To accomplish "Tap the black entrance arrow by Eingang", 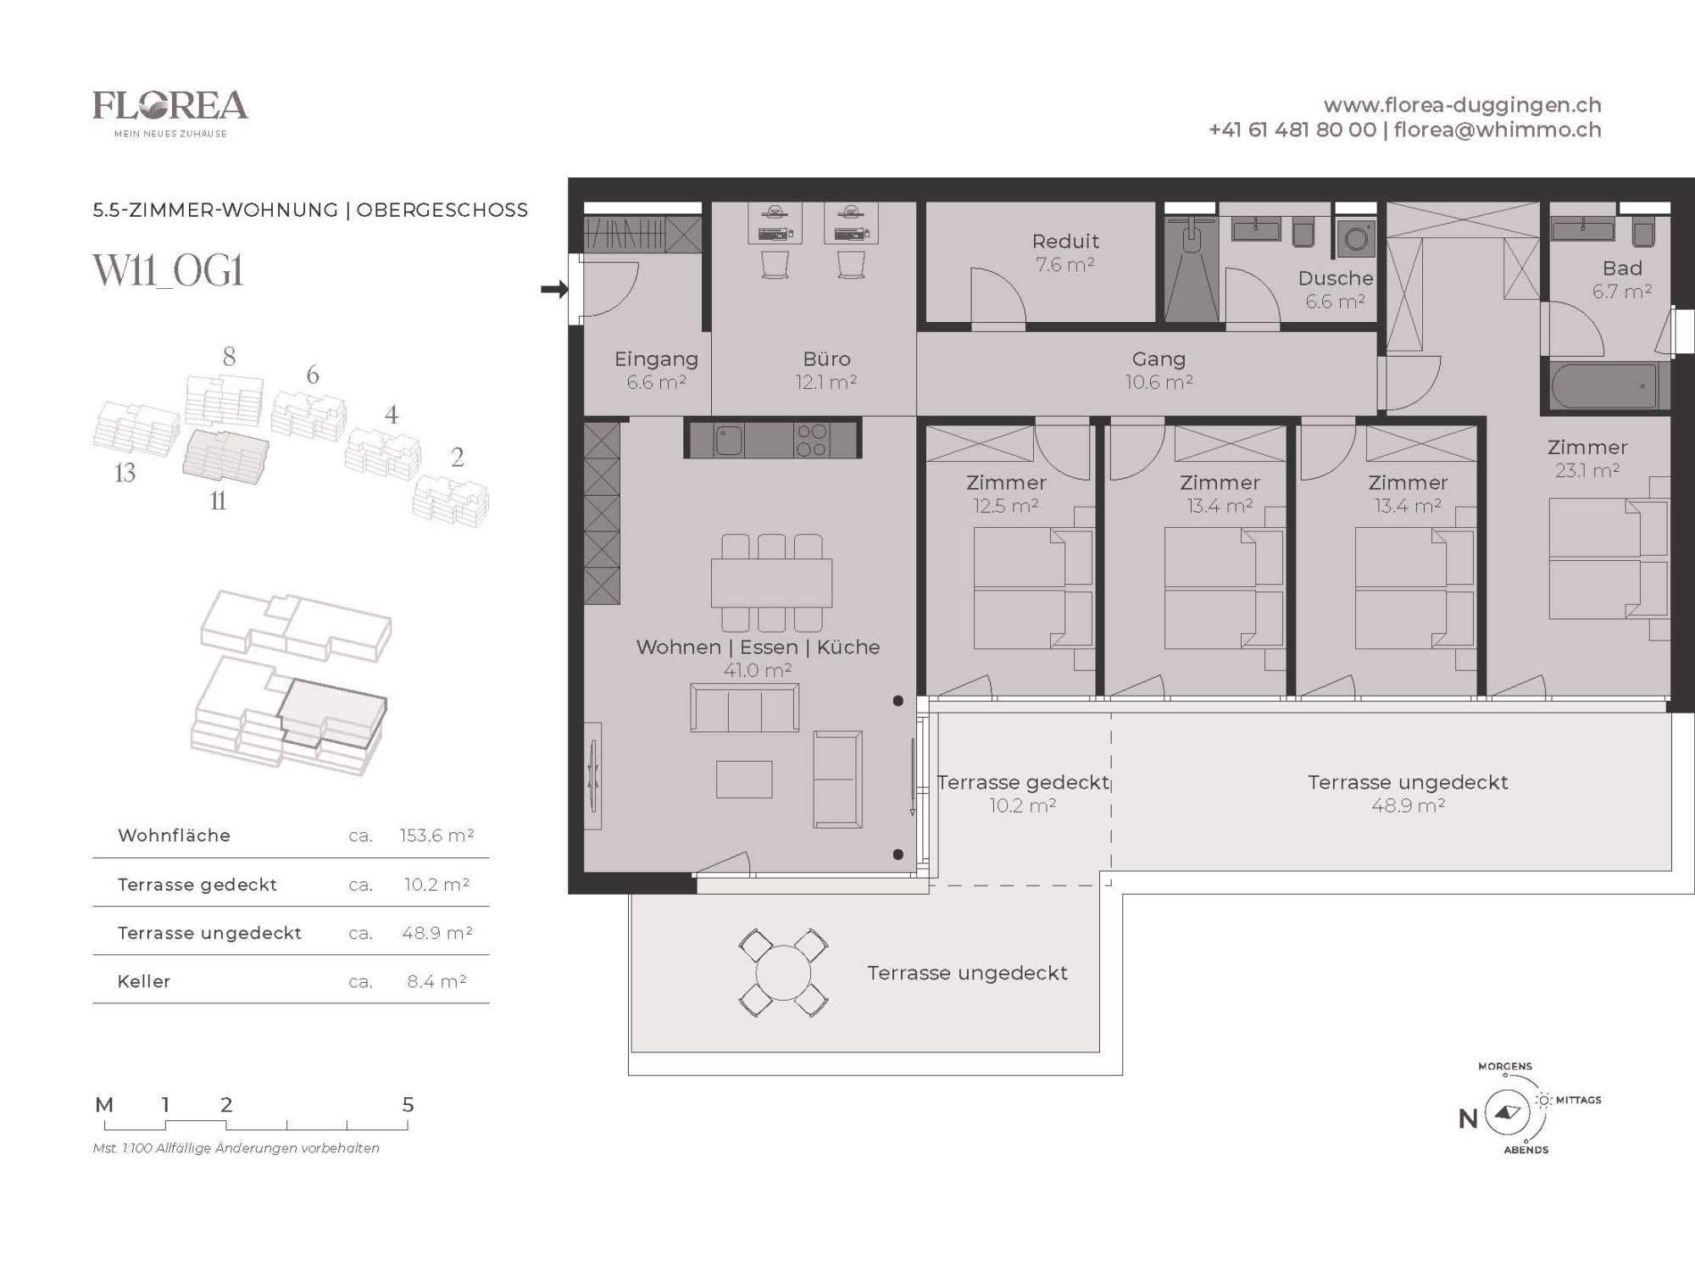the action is (x=554, y=290).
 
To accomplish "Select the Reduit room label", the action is (x=1065, y=241).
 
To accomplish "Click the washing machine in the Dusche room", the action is (x=1355, y=239).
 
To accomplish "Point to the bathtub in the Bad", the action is (x=1605, y=387).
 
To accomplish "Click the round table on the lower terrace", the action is (x=783, y=973).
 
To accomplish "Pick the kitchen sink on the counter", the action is (x=727, y=440).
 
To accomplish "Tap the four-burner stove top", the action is (x=811, y=440).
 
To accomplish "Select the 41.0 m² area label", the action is (x=757, y=670).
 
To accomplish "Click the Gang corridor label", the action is (x=1159, y=359).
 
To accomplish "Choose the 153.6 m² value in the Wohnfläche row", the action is (x=436, y=835).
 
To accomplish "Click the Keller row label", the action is (x=144, y=981).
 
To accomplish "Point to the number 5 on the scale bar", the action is (x=408, y=1105).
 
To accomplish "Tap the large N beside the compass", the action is (x=1468, y=1118).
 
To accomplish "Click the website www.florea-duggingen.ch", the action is (x=1462, y=105).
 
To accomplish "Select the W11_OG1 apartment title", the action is (x=168, y=271).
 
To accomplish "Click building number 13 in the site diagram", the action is (x=125, y=473).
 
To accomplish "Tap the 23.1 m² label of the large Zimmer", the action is (x=1587, y=470).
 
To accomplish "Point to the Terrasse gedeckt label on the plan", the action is (x=1023, y=782).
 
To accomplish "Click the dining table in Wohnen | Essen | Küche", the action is (x=771, y=582).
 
